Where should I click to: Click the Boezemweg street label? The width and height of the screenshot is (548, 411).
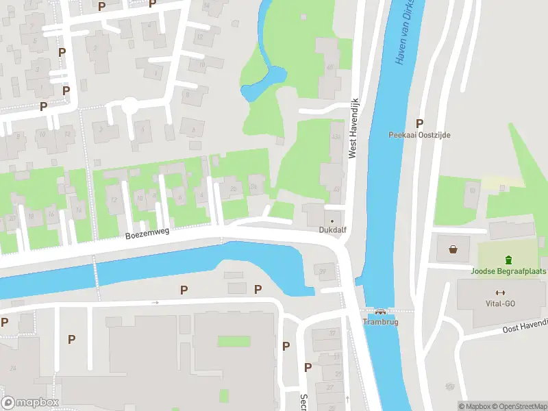click(147, 234)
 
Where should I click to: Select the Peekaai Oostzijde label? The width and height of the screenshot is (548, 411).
click(419, 136)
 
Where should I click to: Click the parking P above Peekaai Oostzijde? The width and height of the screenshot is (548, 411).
click(419, 123)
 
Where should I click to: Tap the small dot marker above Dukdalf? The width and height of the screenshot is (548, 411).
click(332, 221)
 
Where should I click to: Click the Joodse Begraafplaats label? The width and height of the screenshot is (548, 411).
click(508, 271)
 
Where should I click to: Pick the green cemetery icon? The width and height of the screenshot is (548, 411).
click(508, 260)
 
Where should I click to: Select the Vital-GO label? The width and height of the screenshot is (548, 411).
click(499, 303)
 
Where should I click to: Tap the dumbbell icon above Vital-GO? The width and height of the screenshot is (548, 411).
click(499, 292)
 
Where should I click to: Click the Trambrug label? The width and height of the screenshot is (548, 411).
click(379, 321)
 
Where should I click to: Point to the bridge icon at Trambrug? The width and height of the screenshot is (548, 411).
click(379, 312)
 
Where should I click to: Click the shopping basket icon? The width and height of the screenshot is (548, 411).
click(453, 249)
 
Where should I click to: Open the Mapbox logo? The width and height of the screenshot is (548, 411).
click(29, 403)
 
